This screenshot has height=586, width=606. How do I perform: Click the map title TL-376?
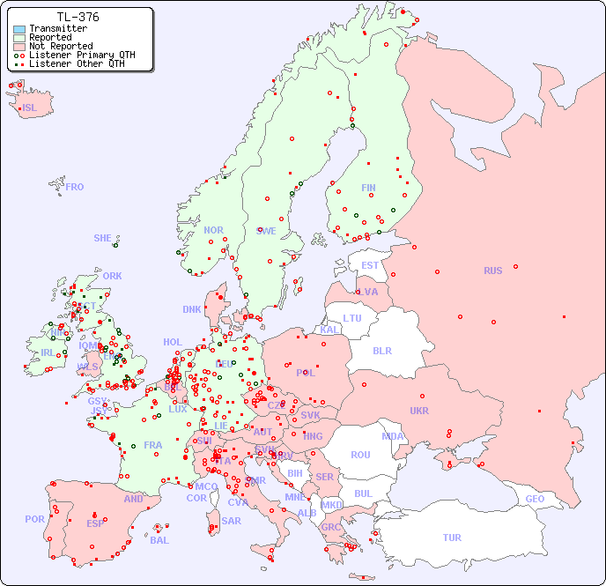[78, 17]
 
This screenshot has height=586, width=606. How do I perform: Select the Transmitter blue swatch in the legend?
[18, 29]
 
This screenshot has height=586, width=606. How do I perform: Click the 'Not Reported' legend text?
[60, 46]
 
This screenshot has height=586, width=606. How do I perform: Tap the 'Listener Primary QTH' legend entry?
[82, 55]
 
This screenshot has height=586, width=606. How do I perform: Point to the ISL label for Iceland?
[30, 108]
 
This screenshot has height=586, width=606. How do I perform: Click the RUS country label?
[492, 271]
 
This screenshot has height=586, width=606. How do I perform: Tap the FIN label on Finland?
[368, 188]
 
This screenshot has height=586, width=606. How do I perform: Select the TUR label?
[452, 538]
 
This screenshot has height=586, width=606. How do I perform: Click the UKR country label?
[419, 411]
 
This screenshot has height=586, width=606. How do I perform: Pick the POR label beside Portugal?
[34, 519]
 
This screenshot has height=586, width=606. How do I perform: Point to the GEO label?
[535, 499]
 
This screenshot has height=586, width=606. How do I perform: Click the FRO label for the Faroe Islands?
[75, 187]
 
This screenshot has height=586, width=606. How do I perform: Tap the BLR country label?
[381, 350]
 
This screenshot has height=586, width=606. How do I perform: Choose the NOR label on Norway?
[213, 230]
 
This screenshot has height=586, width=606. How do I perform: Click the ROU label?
[360, 455]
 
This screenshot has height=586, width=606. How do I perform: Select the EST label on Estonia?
[370, 265]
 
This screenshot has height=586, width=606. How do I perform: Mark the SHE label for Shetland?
[103, 238]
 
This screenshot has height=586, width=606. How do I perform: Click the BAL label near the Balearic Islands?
[159, 540]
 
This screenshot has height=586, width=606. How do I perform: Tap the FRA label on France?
[153, 445]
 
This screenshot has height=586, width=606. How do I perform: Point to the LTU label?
[352, 318]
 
